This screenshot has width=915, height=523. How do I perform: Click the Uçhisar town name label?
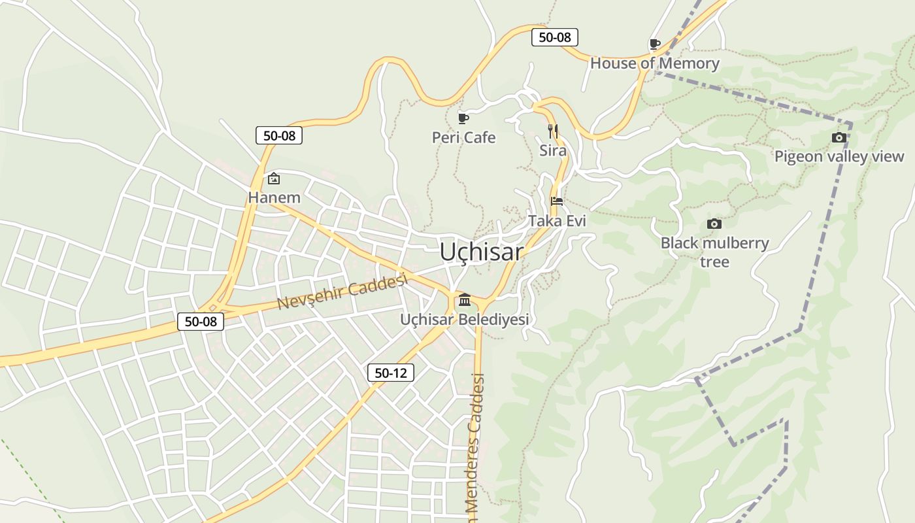(x=482, y=252)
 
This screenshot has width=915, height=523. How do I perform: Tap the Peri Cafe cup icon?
(x=463, y=118)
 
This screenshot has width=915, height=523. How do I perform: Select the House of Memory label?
(x=654, y=63)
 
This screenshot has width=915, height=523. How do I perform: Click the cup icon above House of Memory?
(x=654, y=44)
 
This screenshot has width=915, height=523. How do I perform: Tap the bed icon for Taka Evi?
(x=557, y=201)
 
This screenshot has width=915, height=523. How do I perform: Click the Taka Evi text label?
(x=557, y=221)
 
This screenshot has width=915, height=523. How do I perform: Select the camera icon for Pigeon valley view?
(x=839, y=137)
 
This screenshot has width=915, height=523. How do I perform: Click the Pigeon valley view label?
(x=839, y=156)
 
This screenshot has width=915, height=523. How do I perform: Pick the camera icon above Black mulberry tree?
(x=714, y=224)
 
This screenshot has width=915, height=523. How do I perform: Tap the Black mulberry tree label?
(x=714, y=252)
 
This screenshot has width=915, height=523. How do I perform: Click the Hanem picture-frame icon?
(x=274, y=178)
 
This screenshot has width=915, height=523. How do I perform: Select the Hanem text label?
(x=274, y=197)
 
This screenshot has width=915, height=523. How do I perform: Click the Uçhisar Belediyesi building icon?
(x=465, y=300)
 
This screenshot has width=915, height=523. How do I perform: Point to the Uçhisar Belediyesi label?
(x=465, y=320)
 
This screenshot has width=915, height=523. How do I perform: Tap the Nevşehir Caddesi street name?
(x=342, y=292)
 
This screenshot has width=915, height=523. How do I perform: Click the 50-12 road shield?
(x=390, y=373)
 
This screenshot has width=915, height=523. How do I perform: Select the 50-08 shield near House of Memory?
(x=554, y=37)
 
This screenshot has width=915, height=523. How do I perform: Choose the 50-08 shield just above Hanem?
(x=279, y=136)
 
